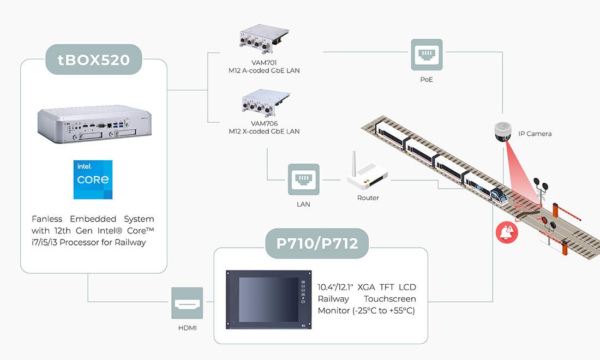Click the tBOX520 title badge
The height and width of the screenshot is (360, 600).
pyautogui.click(x=94, y=59)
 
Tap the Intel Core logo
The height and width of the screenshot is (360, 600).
pyautogui.click(x=93, y=179)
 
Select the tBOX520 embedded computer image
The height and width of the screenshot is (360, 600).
pyautogui.click(x=94, y=126)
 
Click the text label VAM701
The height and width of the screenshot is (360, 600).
pyautogui.click(x=264, y=63)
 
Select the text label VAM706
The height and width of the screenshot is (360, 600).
pyautogui.click(x=264, y=124)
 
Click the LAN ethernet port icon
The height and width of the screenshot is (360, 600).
pyautogui.click(x=304, y=179)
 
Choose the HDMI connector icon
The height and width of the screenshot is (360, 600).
pyautogui.click(x=187, y=303)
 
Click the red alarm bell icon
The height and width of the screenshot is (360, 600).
pyautogui.click(x=507, y=232)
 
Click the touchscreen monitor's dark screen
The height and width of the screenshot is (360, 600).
pyautogui.click(x=261, y=299)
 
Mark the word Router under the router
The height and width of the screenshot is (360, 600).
pyautogui.click(x=368, y=197)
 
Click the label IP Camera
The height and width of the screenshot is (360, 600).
pyautogui.click(x=535, y=134)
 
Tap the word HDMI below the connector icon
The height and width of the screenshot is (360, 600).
pyautogui.click(x=187, y=328)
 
